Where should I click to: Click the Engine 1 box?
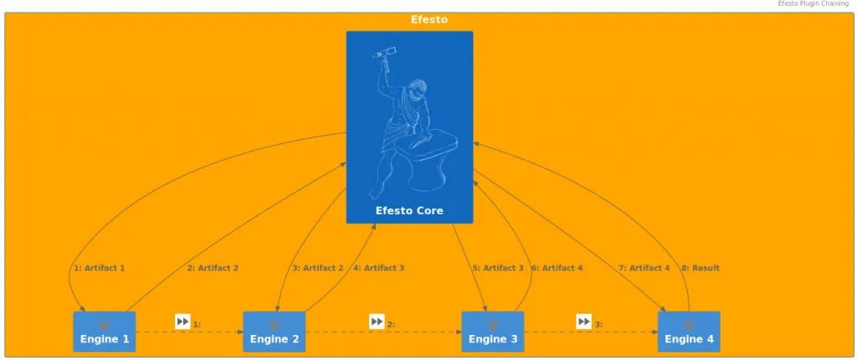click(x=105, y=332)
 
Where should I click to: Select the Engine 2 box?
click(x=274, y=332)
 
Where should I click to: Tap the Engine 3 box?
click(x=492, y=332)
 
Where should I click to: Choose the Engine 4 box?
click(x=689, y=332)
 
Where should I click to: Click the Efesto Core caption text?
click(x=409, y=211)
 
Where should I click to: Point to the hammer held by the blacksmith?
click(x=384, y=53)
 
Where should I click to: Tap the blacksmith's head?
click(x=418, y=89)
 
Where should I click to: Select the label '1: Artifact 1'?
click(x=100, y=268)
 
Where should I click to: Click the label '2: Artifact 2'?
click(x=213, y=268)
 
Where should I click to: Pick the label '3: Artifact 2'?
click(x=318, y=268)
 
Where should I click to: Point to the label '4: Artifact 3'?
click(x=379, y=268)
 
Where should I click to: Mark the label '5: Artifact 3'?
click(x=498, y=268)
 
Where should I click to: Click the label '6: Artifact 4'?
click(x=557, y=268)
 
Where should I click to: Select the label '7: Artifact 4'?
click(x=644, y=268)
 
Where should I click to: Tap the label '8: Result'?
click(x=700, y=268)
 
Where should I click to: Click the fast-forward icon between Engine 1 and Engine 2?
click(x=182, y=321)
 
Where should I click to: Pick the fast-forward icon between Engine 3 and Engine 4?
click(x=583, y=321)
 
